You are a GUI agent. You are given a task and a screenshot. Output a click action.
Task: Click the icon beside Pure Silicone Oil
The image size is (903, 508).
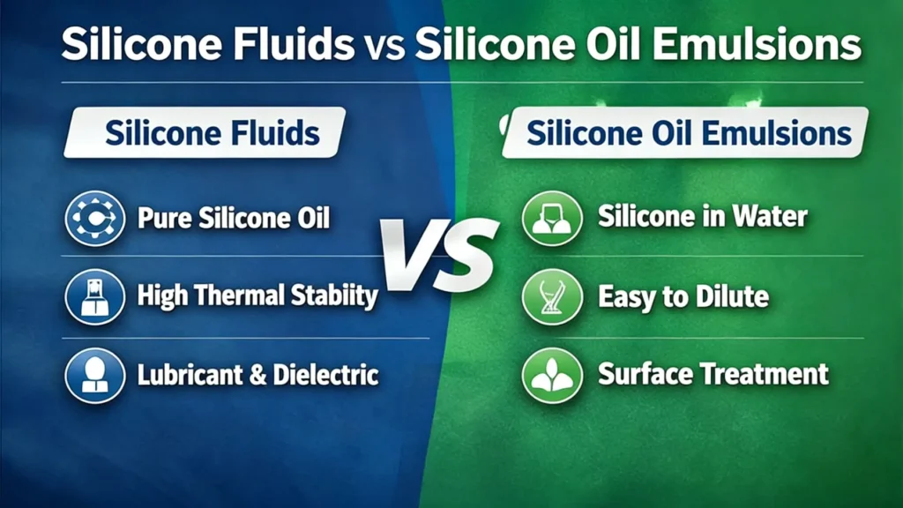94,218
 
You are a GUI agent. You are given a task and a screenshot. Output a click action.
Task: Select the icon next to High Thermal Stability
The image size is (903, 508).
94,297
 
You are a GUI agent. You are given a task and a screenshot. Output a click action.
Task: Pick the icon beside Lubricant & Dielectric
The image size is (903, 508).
94,375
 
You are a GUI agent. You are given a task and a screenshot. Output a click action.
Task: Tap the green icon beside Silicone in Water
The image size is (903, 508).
552,218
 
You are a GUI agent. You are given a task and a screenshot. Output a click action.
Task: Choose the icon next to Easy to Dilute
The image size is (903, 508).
552,297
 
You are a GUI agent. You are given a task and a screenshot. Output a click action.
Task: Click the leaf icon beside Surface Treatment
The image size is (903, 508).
552,374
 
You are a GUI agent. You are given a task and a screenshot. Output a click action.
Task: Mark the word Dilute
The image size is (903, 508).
731,296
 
